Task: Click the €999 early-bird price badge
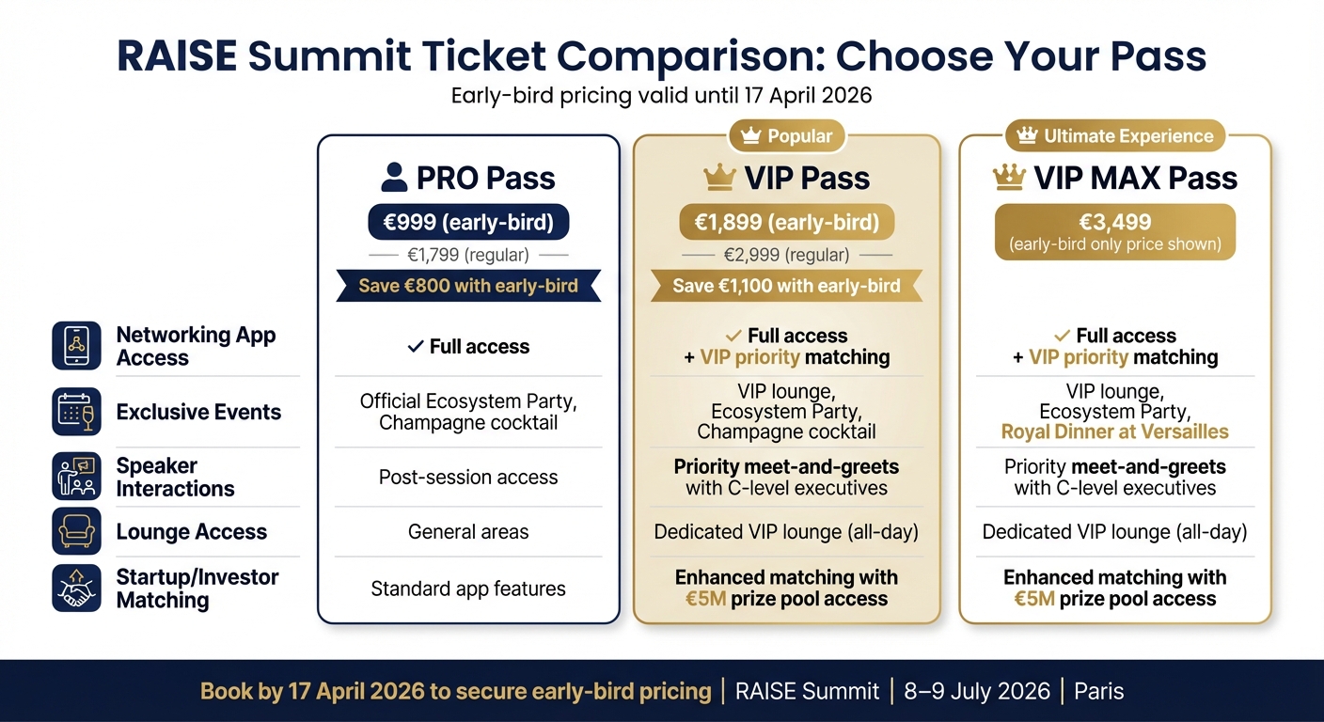(x=468, y=223)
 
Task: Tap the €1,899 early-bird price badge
(x=786, y=223)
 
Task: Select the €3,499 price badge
(x=1114, y=231)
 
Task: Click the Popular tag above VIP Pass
(x=787, y=136)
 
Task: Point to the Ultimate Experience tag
(x=1114, y=136)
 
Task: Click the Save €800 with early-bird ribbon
(x=468, y=286)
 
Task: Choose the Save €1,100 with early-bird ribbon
(x=786, y=286)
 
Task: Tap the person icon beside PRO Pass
(x=395, y=178)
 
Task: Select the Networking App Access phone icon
(x=76, y=346)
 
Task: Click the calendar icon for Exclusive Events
(x=76, y=412)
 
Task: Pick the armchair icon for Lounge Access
(x=76, y=531)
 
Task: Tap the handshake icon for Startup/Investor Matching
(x=76, y=589)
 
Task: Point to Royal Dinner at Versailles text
(x=1114, y=432)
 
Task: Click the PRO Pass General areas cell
(x=468, y=532)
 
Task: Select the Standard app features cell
(x=468, y=589)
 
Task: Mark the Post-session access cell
(x=468, y=478)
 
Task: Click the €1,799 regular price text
(x=468, y=255)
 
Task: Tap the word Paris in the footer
(x=1098, y=692)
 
